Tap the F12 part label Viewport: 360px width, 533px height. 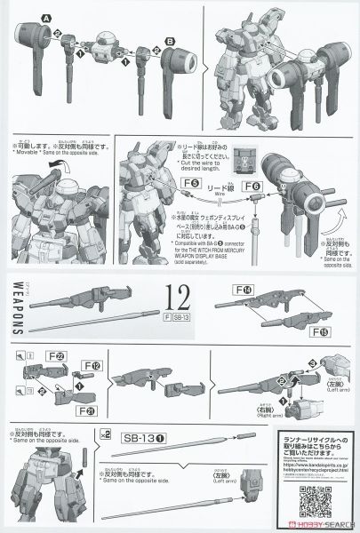92,365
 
